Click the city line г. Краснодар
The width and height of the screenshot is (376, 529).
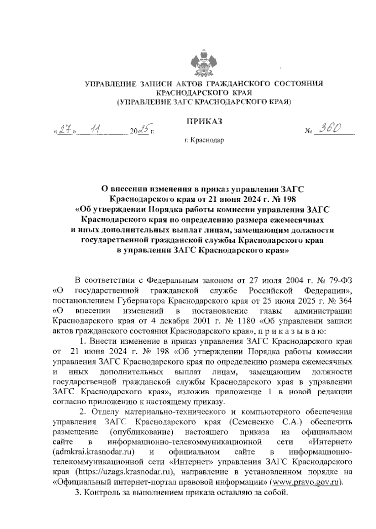coord(204,141)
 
